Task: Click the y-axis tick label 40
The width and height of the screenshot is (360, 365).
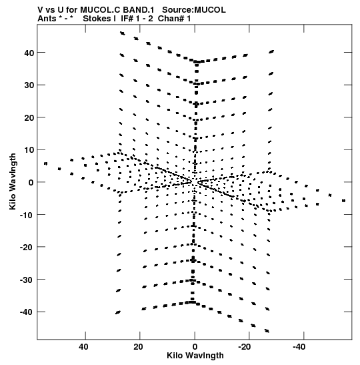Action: [29, 53]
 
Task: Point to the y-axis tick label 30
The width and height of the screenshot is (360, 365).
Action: [29, 85]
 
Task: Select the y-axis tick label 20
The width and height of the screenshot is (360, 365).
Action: [29, 117]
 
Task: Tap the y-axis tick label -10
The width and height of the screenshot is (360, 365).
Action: [27, 215]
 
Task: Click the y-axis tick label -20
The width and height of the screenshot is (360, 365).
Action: [27, 247]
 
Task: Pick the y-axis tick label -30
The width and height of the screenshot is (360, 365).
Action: [27, 280]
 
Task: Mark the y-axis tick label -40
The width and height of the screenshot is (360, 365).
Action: [27, 312]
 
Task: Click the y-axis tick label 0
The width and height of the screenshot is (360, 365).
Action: [31, 183]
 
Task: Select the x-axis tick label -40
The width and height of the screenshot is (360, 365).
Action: [299, 347]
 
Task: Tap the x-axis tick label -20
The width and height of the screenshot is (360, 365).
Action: [245, 347]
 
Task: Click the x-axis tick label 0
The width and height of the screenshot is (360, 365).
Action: [195, 347]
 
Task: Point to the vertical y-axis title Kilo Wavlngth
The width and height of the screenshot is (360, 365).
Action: [13, 181]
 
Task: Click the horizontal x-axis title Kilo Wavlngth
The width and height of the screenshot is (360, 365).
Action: [195, 356]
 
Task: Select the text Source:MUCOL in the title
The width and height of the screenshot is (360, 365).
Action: [194, 10]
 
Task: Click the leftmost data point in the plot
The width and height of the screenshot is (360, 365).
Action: [46, 163]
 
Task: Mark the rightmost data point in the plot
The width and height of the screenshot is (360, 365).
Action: [344, 201]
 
